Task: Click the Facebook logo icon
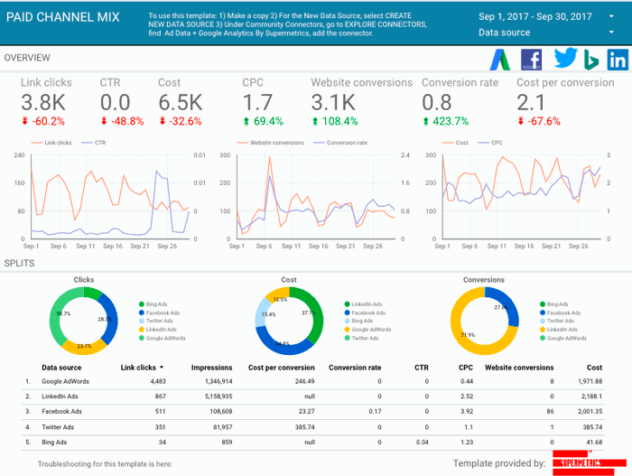point(533,60)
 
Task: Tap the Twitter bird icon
point(564,60)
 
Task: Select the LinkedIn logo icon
point(618,60)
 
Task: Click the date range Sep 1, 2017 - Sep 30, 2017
point(534,16)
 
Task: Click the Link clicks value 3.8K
point(42,103)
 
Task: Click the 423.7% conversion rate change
point(445,121)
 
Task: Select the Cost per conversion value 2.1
point(530,103)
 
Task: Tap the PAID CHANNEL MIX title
point(62,17)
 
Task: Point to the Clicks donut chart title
point(84,280)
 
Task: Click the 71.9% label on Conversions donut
point(467,335)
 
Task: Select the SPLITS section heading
point(20,263)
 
